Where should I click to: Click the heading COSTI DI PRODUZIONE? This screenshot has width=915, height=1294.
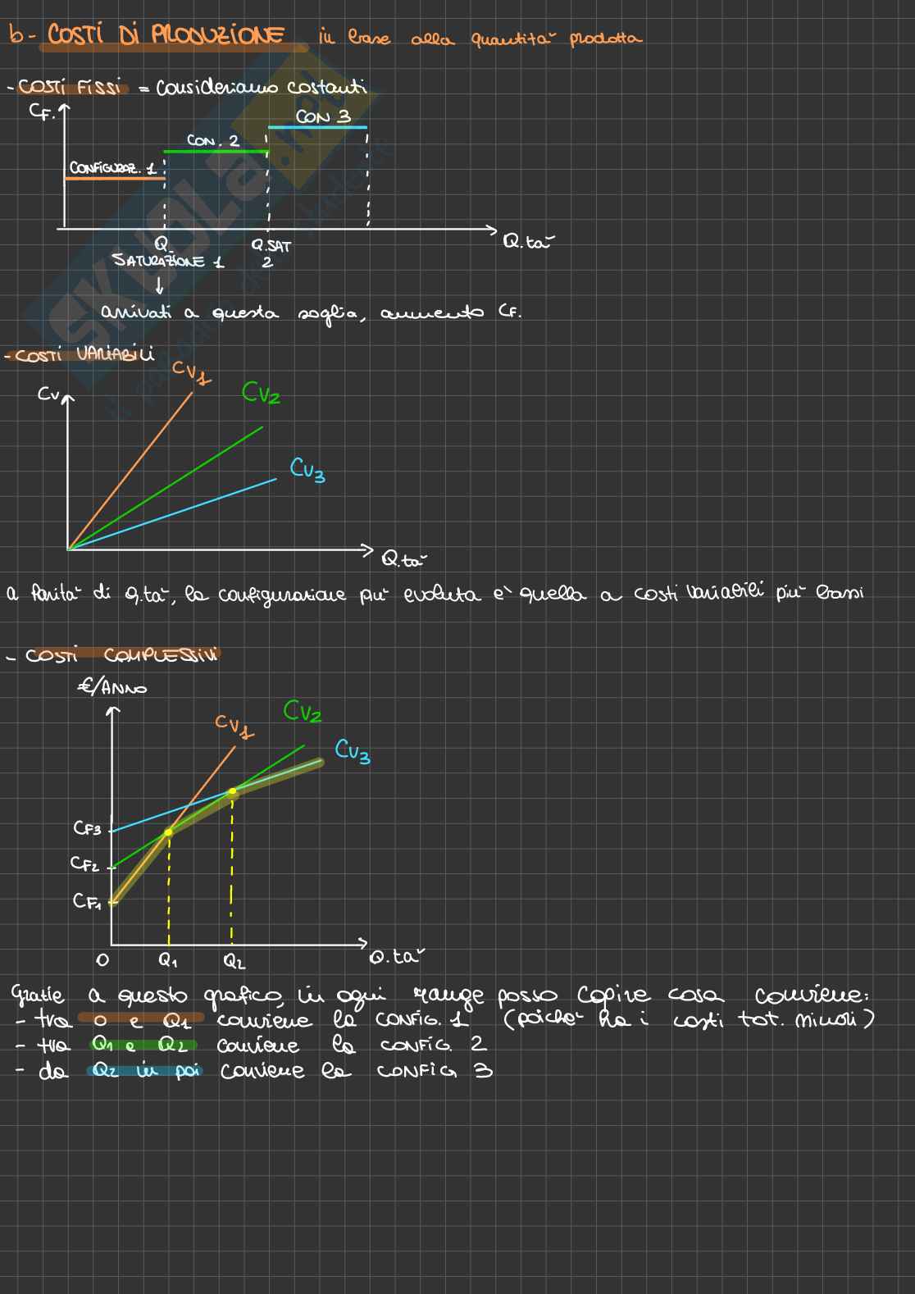[166, 36]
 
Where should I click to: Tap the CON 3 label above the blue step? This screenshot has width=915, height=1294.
[323, 116]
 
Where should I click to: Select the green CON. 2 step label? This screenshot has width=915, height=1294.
[212, 141]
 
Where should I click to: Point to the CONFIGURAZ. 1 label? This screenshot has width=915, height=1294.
[112, 168]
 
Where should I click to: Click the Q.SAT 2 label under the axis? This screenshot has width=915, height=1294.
[271, 253]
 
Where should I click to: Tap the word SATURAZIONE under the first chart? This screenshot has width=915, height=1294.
[159, 261]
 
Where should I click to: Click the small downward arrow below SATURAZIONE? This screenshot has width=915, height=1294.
[159, 285]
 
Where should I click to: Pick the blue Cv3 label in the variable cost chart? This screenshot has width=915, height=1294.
[307, 469]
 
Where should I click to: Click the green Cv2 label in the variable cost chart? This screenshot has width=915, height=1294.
[261, 394]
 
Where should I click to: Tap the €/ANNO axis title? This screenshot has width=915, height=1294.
[112, 686]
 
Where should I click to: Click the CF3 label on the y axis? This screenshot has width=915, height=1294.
[87, 828]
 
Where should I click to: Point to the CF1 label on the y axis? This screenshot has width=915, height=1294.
[87, 901]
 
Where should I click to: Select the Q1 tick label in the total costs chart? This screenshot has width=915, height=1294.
[167, 959]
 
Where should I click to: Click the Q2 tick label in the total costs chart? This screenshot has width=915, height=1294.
[234, 960]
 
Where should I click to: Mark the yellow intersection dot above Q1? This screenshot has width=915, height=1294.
[169, 832]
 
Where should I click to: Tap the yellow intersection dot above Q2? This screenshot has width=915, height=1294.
[233, 792]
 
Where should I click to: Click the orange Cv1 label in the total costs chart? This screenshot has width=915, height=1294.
[234, 725]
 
